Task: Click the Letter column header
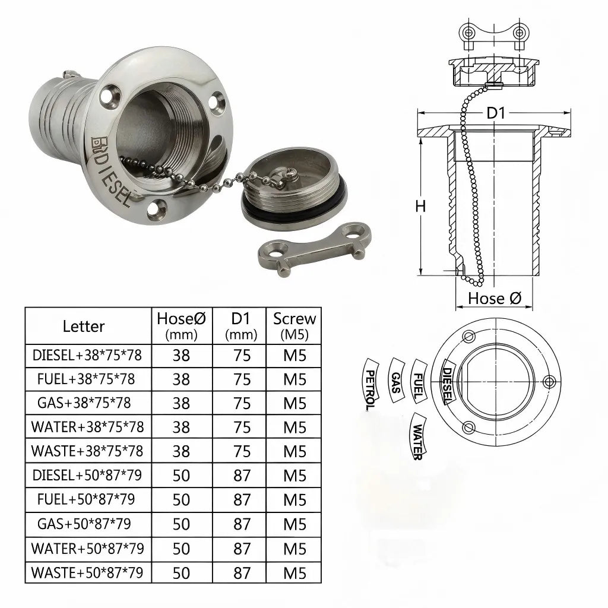84,326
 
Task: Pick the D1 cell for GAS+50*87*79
242,524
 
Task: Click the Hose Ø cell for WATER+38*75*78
181,427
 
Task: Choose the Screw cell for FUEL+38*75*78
294,379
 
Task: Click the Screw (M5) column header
294,325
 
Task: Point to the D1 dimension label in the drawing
496,112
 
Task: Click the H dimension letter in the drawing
420,207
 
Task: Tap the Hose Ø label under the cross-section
495,298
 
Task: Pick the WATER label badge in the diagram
418,436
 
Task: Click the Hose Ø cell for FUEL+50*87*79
181,500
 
